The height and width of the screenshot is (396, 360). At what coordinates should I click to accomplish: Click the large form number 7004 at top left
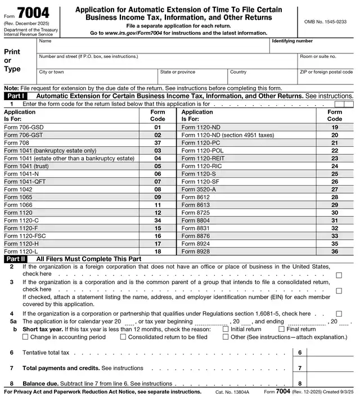[33, 12]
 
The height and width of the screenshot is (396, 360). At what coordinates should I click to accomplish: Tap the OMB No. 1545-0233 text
[325, 21]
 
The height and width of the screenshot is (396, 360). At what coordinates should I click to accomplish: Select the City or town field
[97, 79]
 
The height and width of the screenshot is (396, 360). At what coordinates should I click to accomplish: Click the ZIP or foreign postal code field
[326, 79]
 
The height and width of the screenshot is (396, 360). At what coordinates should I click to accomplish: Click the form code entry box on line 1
[344, 104]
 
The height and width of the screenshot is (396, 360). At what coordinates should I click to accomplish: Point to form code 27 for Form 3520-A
[335, 190]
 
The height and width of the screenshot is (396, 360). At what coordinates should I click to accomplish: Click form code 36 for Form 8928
[335, 251]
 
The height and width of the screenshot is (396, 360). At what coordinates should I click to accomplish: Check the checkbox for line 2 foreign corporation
[339, 275]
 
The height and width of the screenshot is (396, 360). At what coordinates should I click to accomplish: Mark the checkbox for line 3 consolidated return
[339, 291]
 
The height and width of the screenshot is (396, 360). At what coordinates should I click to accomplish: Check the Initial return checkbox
[226, 329]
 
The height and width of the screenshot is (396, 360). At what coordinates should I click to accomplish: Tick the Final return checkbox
[281, 329]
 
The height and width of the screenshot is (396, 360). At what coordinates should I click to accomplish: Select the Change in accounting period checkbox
[25, 337]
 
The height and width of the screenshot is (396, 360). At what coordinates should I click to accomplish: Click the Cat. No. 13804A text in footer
[232, 391]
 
